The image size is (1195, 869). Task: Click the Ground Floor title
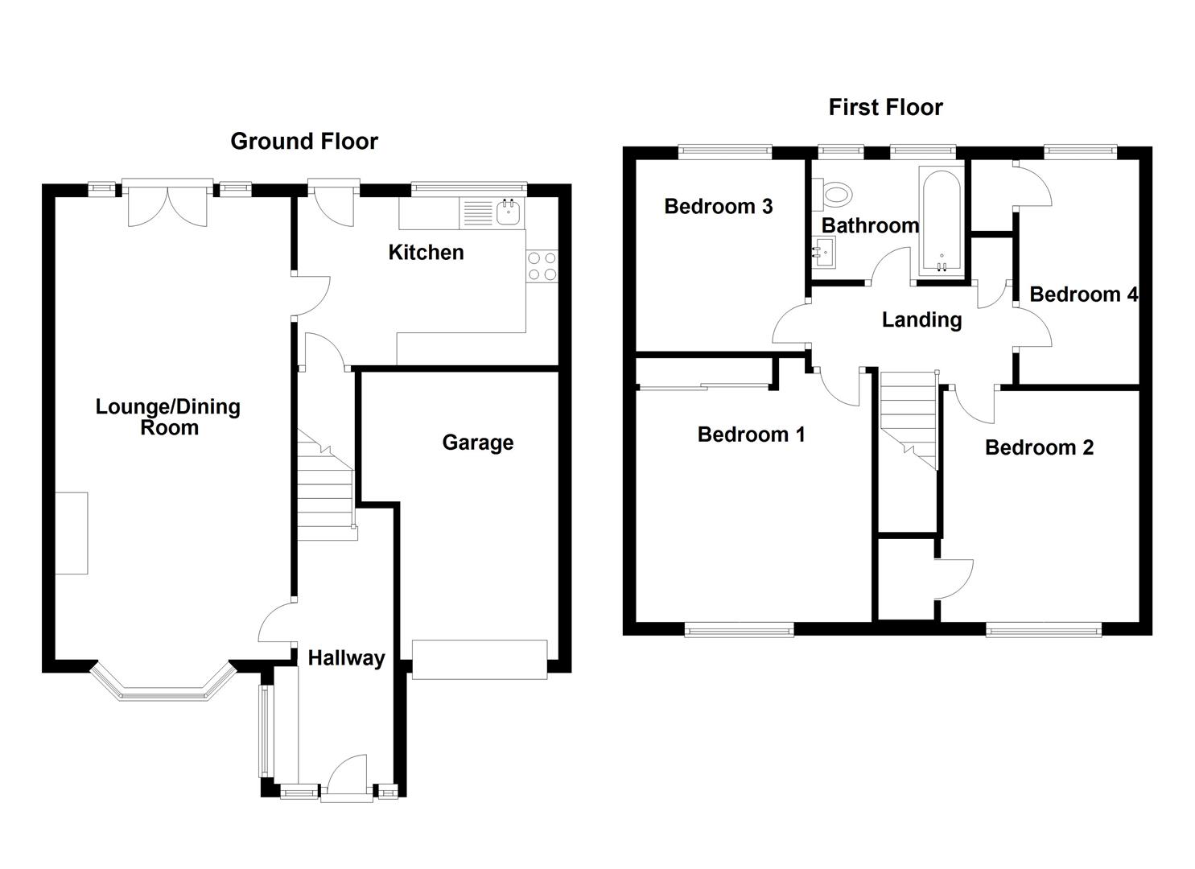(x=304, y=142)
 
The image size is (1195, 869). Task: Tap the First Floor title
(x=885, y=107)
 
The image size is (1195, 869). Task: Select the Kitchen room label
(x=426, y=253)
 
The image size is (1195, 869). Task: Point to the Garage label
(x=477, y=443)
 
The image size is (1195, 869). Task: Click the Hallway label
(x=346, y=657)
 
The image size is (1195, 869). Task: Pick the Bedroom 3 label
(x=718, y=207)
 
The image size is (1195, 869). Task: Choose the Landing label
(x=921, y=320)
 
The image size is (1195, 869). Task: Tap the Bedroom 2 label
(x=1039, y=447)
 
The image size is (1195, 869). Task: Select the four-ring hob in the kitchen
(x=542, y=266)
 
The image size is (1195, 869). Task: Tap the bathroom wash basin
(x=823, y=252)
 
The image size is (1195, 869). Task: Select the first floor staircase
(x=909, y=421)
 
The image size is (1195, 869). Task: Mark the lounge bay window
(x=163, y=685)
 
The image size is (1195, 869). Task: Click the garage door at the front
(x=480, y=659)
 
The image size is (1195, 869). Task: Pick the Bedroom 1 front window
(x=739, y=631)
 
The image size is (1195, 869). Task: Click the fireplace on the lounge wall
(x=72, y=533)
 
